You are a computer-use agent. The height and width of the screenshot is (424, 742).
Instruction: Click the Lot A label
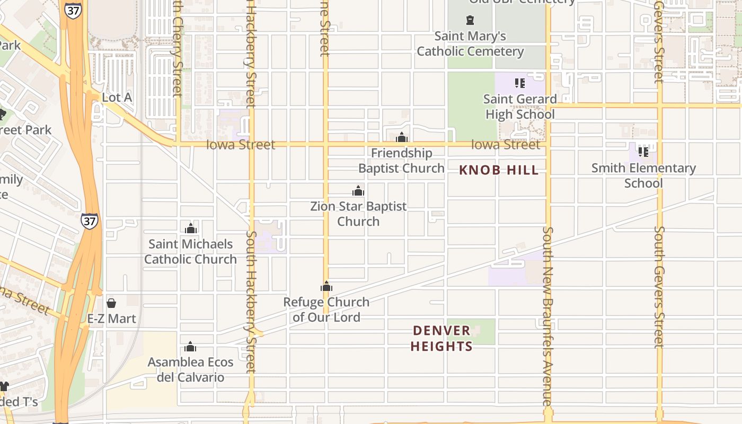117,98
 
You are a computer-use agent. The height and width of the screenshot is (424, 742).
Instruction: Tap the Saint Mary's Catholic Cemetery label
470,44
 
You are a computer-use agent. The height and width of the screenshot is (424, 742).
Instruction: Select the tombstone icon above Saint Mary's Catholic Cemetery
470,21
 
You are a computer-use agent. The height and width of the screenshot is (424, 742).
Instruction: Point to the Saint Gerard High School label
519,107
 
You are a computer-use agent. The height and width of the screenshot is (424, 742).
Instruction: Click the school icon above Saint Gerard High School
520,83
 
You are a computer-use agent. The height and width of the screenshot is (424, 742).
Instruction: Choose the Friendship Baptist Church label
401,161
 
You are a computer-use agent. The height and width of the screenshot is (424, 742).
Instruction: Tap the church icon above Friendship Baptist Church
402,138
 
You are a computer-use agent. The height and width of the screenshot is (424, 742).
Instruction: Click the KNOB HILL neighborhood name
499,170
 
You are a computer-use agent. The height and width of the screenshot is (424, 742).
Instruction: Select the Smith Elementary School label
643,175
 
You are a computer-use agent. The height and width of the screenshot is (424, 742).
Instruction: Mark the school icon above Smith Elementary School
643,152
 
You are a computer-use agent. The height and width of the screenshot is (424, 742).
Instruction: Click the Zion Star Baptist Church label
358,214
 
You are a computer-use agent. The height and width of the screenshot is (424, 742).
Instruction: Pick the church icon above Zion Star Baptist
358,191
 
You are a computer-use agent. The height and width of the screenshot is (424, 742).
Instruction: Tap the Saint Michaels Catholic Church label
190,252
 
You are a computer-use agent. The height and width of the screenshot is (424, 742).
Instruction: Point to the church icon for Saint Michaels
191,229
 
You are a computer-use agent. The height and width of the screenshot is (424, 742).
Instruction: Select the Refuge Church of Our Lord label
326,310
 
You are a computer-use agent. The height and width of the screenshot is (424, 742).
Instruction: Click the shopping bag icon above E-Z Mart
111,303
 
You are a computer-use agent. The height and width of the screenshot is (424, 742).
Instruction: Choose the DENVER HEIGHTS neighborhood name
441,338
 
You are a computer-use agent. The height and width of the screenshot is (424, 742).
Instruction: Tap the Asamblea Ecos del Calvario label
190,370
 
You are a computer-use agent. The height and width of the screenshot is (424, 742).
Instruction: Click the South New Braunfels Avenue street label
548,316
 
